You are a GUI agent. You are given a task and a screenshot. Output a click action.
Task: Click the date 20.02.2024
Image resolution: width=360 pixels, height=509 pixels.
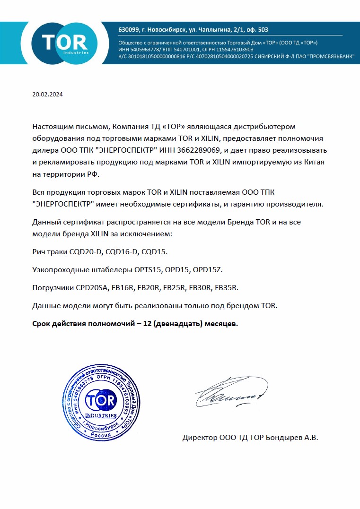[x=47, y=94]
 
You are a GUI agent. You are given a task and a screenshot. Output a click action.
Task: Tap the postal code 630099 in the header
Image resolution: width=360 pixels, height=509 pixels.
[x=129, y=30]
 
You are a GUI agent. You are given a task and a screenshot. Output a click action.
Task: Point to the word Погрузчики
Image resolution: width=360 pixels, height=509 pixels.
[x=52, y=288]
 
